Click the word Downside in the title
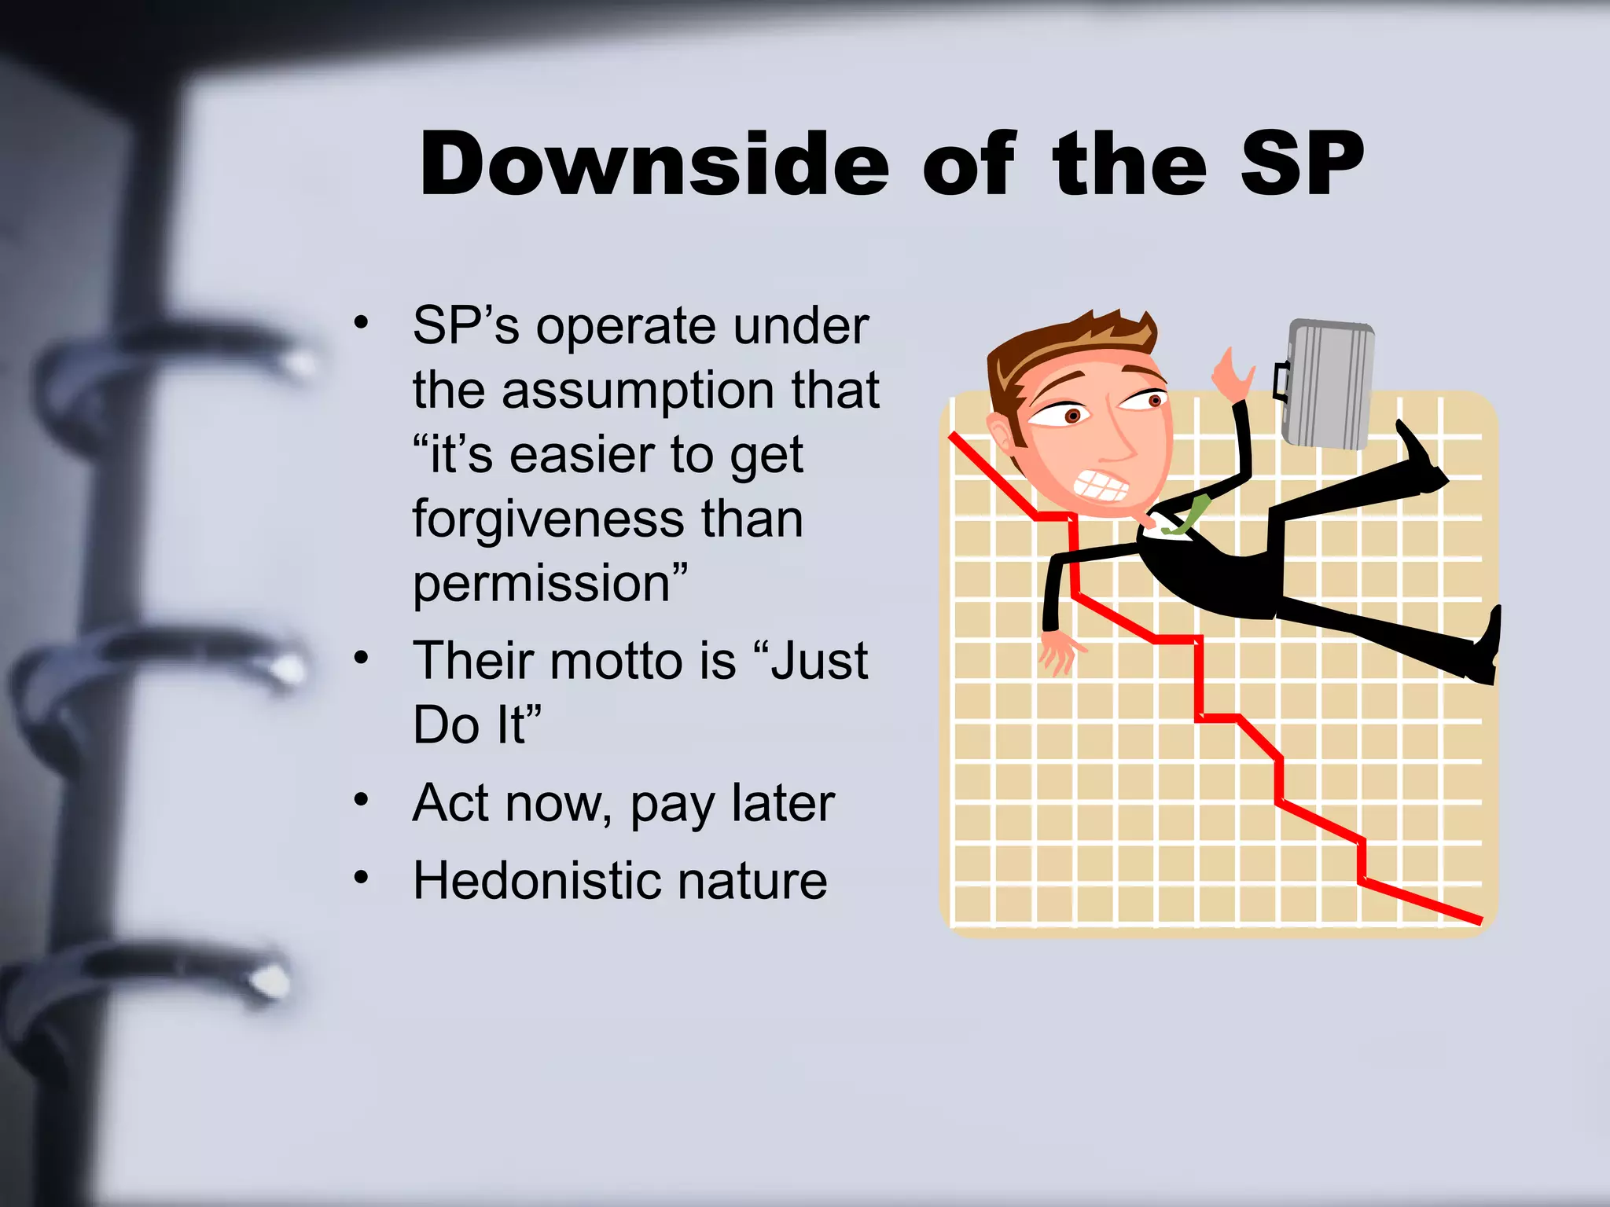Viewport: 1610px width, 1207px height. (x=654, y=165)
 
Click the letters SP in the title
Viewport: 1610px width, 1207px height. (x=1301, y=165)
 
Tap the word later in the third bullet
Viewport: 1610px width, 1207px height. (x=782, y=804)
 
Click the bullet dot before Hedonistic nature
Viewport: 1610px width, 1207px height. (x=361, y=877)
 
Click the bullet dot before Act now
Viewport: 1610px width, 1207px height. (x=361, y=800)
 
